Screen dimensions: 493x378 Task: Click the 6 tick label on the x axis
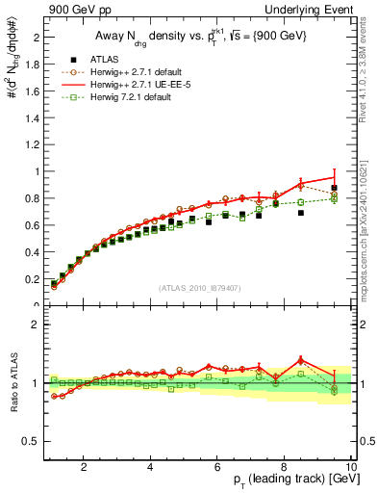click(217, 467)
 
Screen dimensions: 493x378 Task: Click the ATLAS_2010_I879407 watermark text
click(198, 289)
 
